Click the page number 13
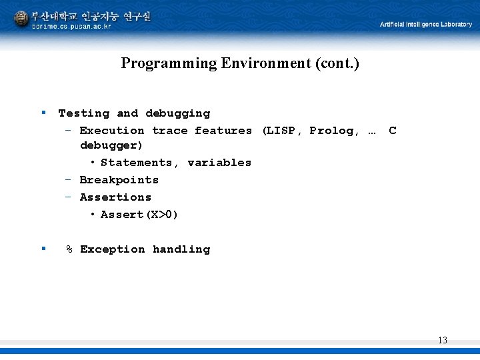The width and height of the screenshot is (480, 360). tap(443, 341)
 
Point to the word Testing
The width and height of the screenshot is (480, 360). tap(83, 113)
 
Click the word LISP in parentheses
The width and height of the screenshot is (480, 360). tap(280, 131)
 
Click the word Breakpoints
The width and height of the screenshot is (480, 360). tap(119, 180)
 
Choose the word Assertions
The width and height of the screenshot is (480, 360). tap(115, 197)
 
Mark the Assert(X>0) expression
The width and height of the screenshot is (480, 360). tap(139, 215)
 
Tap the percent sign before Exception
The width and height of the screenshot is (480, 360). tap(69, 249)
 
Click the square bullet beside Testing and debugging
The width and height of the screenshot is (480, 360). tap(43, 112)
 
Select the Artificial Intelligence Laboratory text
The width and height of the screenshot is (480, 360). tap(425, 24)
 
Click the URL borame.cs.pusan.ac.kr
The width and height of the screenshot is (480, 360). tap(71, 27)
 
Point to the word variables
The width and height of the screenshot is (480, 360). tap(219, 163)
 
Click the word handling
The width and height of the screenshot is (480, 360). tap(181, 249)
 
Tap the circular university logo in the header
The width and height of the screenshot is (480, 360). tap(22, 19)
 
